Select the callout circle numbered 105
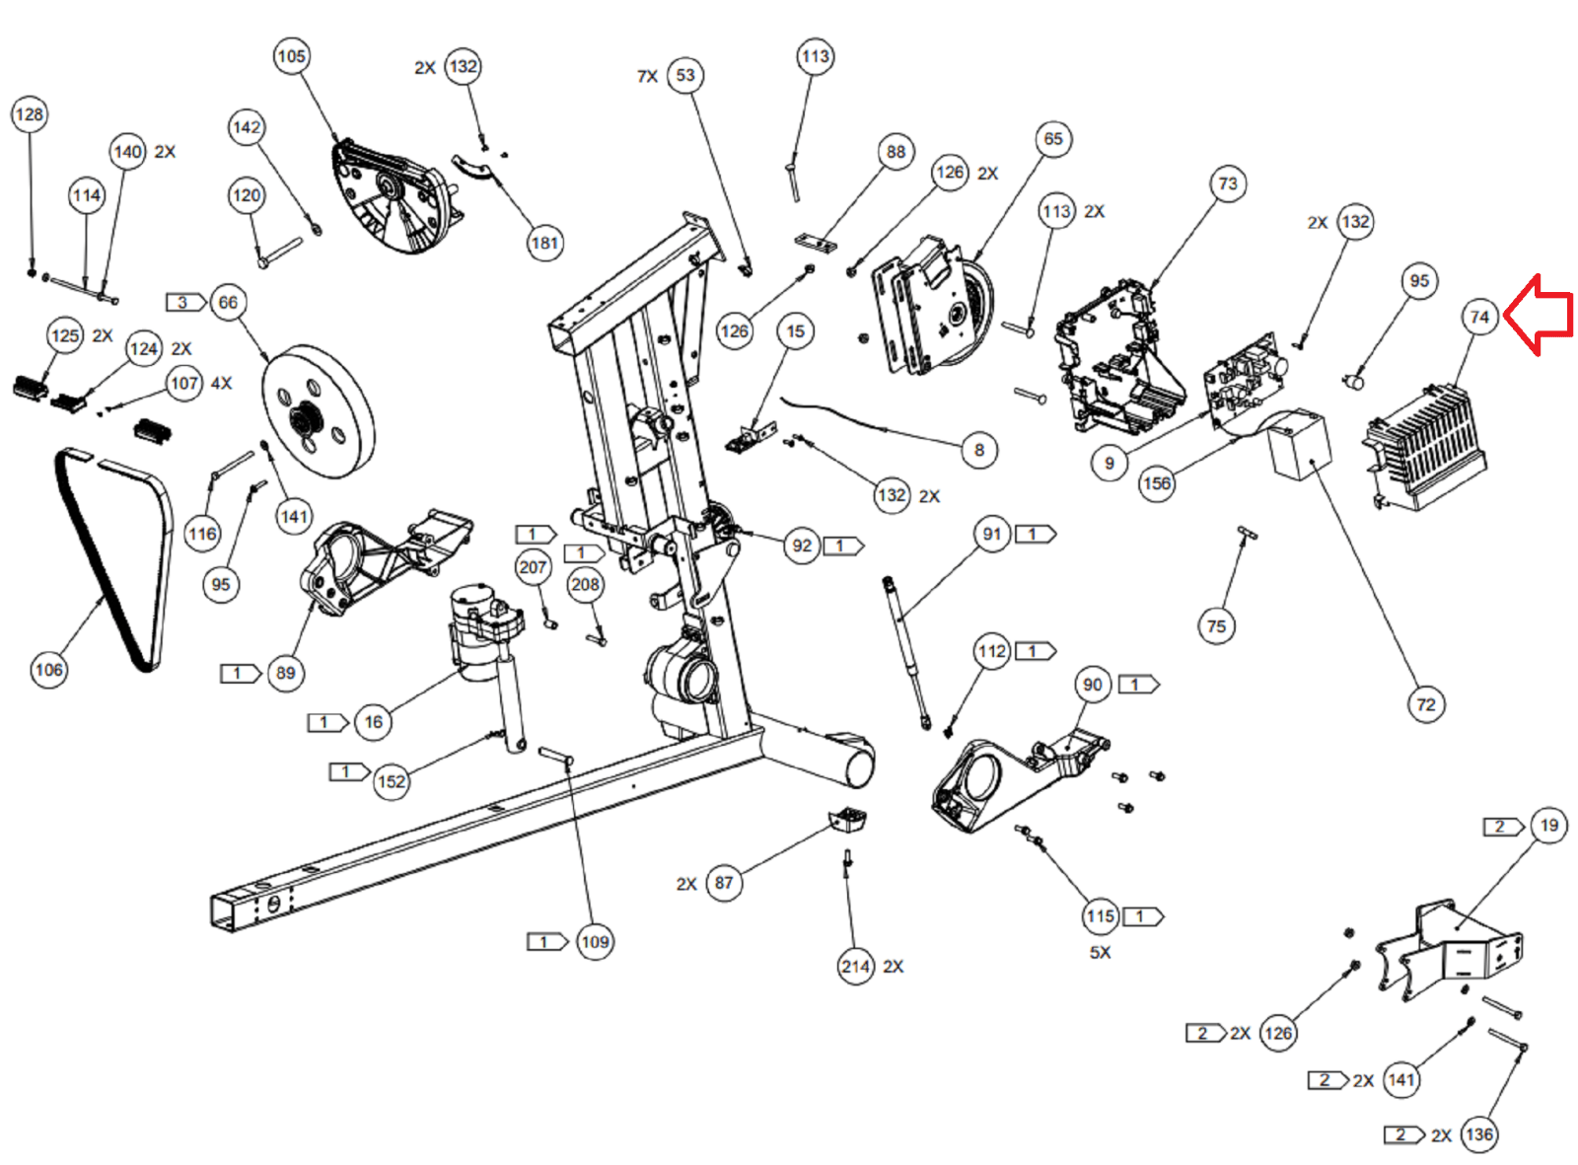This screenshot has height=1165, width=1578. (x=292, y=56)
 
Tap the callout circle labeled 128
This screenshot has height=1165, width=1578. (x=30, y=114)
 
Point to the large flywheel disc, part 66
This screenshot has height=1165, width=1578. (x=318, y=412)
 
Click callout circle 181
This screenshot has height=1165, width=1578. (x=545, y=243)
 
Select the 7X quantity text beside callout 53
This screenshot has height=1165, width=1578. (x=647, y=76)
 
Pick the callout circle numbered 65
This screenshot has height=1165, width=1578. (x=1053, y=139)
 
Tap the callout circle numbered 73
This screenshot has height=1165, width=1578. (x=1228, y=183)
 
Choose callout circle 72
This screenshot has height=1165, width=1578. (x=1426, y=704)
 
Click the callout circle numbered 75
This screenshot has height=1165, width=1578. (x=1217, y=626)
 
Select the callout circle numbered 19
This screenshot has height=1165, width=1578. (x=1548, y=826)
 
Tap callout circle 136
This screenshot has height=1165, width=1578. (x=1479, y=1134)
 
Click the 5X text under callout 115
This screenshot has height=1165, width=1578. (x=1100, y=952)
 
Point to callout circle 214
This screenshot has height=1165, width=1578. (x=855, y=967)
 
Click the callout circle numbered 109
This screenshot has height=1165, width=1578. (x=595, y=942)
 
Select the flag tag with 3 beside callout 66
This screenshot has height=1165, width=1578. (x=185, y=303)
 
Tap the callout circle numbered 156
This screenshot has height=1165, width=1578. (x=1157, y=484)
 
